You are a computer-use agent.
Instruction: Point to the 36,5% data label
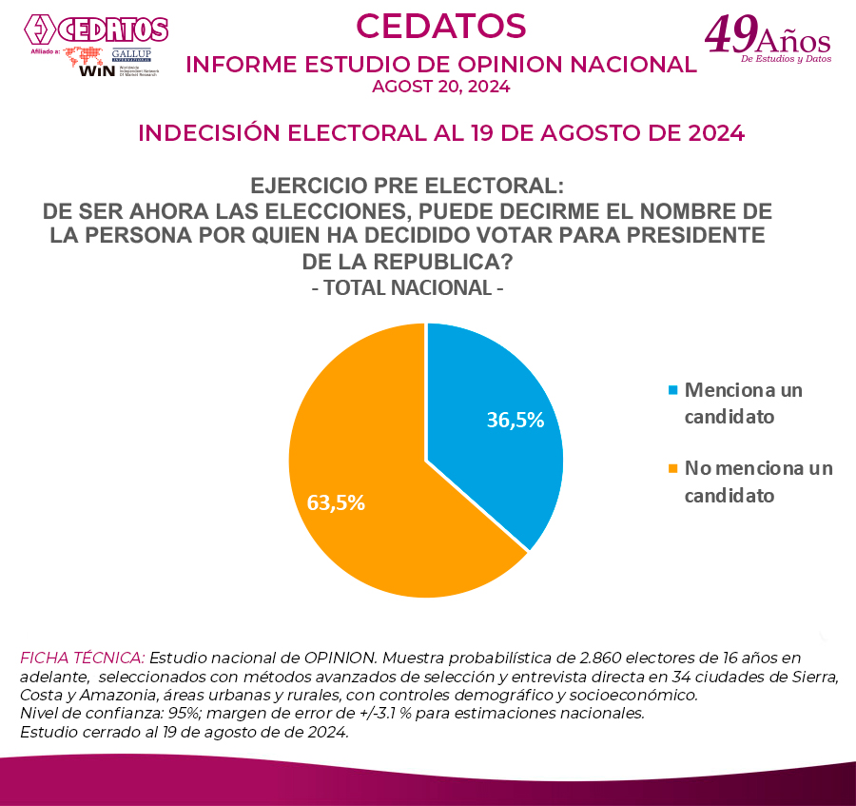point(515,420)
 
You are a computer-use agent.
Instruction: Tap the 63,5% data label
point(336,502)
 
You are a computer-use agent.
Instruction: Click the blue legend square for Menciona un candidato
point(673,390)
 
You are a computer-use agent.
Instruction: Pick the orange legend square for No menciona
point(673,468)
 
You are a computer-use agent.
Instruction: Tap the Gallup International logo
point(130,55)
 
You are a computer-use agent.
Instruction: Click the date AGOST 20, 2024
point(440,87)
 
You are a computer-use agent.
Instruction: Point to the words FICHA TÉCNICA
point(82,658)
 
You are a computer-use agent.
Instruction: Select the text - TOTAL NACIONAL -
point(407,287)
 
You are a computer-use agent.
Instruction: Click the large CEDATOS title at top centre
point(440,26)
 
